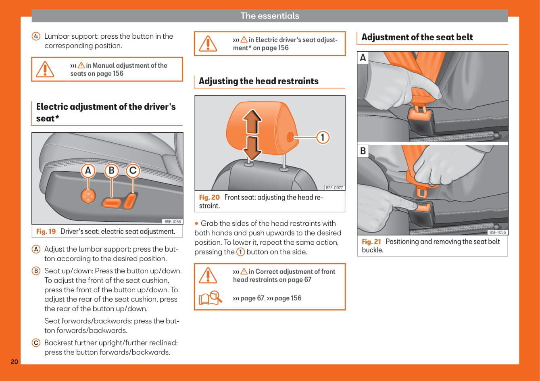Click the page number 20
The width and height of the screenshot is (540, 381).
tap(14, 362)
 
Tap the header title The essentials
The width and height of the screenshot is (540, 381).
tap(270, 16)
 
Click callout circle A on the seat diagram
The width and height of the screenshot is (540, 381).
tap(88, 171)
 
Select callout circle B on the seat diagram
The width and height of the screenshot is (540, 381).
tap(111, 171)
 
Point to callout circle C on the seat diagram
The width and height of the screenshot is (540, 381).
tap(133, 171)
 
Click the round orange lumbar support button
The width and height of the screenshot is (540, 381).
tap(88, 196)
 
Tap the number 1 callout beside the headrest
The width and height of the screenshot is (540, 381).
tap(322, 137)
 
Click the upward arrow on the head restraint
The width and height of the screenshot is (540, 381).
tap(252, 122)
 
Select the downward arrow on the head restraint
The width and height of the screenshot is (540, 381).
tap(252, 148)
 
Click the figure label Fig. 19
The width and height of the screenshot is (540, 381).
tap(46, 231)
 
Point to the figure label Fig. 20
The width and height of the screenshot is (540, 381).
tap(209, 197)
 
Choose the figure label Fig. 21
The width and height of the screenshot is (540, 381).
tap(371, 242)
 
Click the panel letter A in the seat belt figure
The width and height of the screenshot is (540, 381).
tap(363, 58)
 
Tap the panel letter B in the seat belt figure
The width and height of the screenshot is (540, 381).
tap(363, 151)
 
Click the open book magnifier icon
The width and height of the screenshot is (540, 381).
tap(210, 298)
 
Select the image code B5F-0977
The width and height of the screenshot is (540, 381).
tap(334, 187)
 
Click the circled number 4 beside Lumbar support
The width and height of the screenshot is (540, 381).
tap(36, 36)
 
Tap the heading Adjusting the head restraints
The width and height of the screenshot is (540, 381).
tap(259, 81)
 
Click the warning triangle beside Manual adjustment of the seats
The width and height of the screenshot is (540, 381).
tap(45, 69)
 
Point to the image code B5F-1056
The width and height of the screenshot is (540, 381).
tap(498, 232)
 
